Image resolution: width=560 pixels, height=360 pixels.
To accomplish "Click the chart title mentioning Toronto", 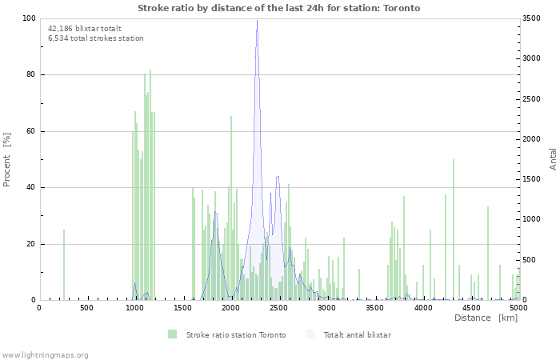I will click(x=278, y=8).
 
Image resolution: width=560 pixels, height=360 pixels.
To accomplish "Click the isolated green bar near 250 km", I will click(x=64, y=264).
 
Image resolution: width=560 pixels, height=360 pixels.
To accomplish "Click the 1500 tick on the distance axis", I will click(x=183, y=308).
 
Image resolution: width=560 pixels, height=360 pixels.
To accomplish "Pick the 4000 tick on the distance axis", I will click(x=423, y=308).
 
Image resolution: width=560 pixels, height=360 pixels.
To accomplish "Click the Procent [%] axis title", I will click(x=7, y=159).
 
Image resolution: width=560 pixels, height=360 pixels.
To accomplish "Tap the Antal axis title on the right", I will click(x=553, y=158).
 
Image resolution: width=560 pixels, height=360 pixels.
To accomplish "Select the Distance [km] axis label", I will click(x=486, y=318).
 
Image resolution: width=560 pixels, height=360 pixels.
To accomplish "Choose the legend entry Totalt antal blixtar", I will click(x=357, y=334).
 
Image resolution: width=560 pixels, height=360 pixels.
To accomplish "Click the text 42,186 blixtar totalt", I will click(x=85, y=28).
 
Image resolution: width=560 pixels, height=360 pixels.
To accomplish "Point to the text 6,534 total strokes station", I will click(x=96, y=38).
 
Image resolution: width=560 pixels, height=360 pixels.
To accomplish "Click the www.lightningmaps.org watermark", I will click(x=45, y=354).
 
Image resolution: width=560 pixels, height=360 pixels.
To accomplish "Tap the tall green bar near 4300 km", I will click(x=454, y=232).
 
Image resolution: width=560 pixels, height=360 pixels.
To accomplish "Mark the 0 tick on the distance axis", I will click(x=39, y=308).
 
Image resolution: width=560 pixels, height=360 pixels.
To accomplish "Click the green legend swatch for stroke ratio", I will click(x=172, y=334).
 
